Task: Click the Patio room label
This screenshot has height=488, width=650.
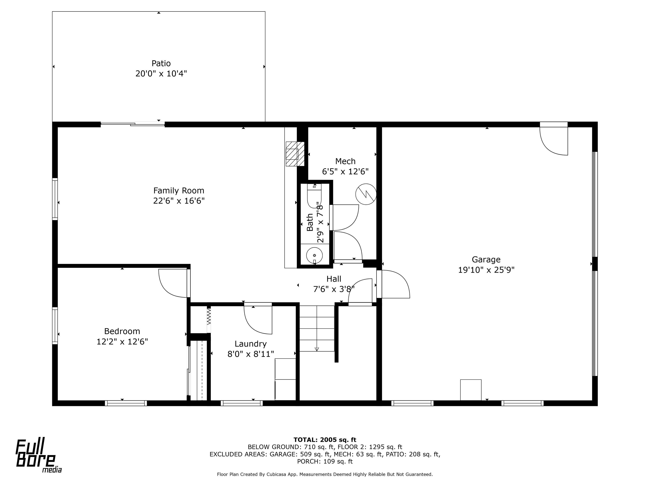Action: coord(161,63)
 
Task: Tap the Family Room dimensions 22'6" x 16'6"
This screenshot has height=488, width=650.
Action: coord(179,201)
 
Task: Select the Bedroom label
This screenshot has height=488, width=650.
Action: coord(122,331)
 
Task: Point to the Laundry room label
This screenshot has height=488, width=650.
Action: coord(251,344)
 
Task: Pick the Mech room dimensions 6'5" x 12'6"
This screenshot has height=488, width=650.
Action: coord(345,172)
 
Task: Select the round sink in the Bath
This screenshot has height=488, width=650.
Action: coord(314,255)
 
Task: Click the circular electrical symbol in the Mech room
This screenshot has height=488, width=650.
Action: coord(366,194)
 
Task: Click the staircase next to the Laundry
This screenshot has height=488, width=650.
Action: coord(317,328)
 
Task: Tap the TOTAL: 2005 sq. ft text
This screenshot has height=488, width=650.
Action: coord(325,440)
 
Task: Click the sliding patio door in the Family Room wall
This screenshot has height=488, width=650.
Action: coord(133,124)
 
